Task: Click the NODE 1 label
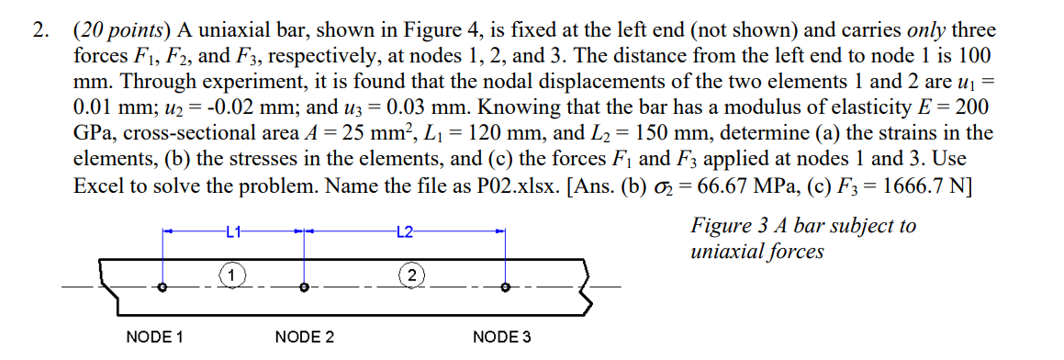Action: pos(154,337)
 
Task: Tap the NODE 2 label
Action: pos(304,337)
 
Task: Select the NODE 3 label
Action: pos(501,337)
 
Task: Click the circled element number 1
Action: pos(232,274)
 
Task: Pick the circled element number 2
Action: pos(412,274)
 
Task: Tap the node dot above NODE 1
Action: pos(163,287)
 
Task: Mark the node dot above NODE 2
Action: pos(305,287)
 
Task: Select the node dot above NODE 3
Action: pos(505,287)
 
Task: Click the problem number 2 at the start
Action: pos(39,30)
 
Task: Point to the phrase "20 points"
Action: pos(113,30)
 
